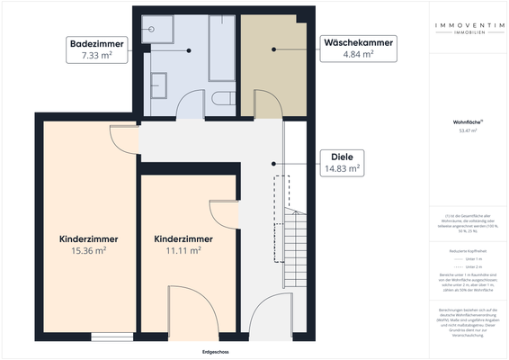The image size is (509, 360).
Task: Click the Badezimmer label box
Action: (97, 49)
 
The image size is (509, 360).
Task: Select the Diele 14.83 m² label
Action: (340, 161)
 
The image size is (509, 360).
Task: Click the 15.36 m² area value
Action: (89, 252)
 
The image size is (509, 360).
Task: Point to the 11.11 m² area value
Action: (183, 252)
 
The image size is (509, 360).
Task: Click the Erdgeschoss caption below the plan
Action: (217, 352)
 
